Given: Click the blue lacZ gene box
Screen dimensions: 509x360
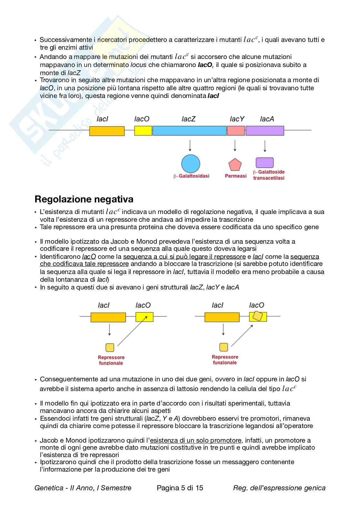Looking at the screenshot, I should (189, 131).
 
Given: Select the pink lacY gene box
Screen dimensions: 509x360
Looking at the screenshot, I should (236, 131).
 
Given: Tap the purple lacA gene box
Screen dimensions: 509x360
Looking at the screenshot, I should (265, 131).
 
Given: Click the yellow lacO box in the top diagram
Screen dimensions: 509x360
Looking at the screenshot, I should (143, 131).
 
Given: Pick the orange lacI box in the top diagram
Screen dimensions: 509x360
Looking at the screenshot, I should (107, 131).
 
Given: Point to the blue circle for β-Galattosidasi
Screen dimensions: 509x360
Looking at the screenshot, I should (191, 164).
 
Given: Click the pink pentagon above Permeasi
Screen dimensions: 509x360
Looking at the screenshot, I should (235, 165).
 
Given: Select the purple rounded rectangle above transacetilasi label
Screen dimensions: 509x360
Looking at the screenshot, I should (265, 163).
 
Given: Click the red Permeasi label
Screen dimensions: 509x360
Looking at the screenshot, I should (235, 176).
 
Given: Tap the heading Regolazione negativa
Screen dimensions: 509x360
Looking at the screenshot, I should (84, 199).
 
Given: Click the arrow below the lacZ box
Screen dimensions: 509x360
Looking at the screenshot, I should (190, 145).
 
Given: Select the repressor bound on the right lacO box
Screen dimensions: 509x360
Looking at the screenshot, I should (257, 316).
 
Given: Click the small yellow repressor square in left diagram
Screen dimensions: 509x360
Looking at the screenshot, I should (110, 347).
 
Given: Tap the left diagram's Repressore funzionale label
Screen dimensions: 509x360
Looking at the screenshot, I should (111, 360).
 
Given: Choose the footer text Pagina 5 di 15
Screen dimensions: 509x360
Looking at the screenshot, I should (180, 488).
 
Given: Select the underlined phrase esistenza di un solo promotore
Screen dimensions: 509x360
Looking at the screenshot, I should (195, 440).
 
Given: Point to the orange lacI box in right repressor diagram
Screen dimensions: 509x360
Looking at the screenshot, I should (222, 317).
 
